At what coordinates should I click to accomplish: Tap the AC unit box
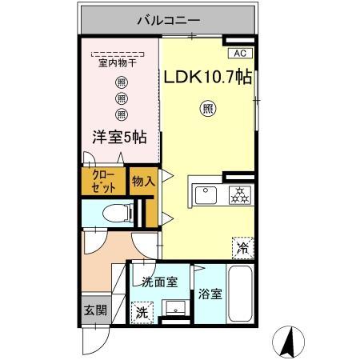(239, 53)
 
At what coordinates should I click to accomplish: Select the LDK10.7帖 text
(209, 77)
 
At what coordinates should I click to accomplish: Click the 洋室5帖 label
(117, 136)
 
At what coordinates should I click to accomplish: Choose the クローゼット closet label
(104, 181)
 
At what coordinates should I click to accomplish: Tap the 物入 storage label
(142, 182)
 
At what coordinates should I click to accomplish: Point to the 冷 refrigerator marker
(242, 248)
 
